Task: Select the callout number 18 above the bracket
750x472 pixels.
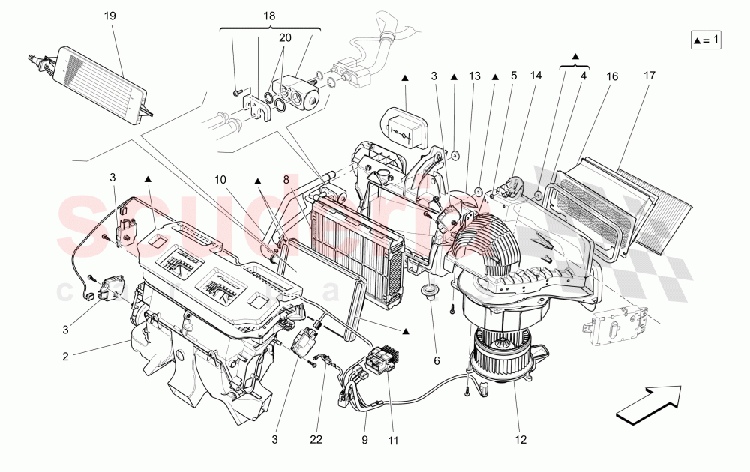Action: click(x=269, y=16)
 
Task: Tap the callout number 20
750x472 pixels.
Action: click(x=285, y=38)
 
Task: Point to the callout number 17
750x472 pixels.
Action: click(x=649, y=75)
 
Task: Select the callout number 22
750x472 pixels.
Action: click(x=316, y=438)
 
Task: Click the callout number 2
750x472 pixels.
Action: click(x=65, y=357)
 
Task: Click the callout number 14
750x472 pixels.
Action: click(x=536, y=75)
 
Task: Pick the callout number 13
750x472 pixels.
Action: click(x=474, y=75)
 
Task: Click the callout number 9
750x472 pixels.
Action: click(x=365, y=438)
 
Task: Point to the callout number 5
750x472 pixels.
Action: click(x=514, y=75)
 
